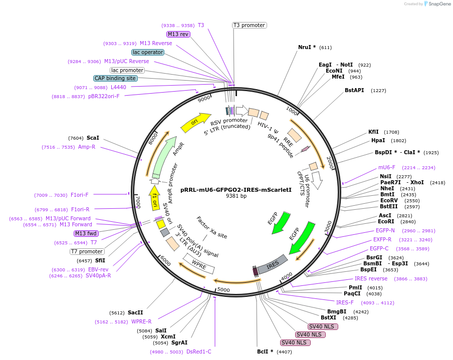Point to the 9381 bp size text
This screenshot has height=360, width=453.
coord(236,196)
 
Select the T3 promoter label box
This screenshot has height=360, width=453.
coord(249,25)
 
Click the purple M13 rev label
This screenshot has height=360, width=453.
coord(178,34)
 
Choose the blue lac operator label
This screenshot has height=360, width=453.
coord(148,52)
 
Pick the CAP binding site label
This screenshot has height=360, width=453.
coord(115,78)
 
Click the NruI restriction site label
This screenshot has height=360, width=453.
coord(306,47)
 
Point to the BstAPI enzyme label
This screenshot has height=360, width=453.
coord(354,90)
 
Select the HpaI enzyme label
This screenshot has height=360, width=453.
coord(378,141)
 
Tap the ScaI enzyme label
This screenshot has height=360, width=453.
coord(93,138)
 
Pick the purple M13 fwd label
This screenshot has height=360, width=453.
coord(86,233)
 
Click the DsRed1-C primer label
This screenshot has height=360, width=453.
coord(198,351)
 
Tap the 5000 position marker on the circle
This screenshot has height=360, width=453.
coord(223,289)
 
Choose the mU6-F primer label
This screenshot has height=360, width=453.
coord(386,167)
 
